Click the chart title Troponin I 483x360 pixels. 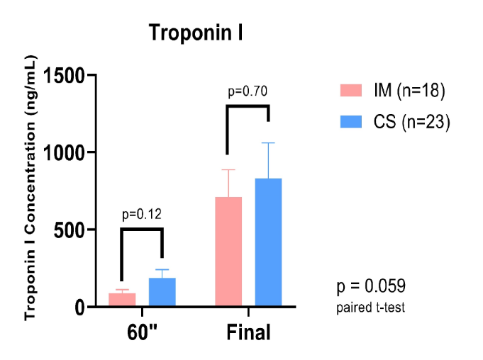[196, 33]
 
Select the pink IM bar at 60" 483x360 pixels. [122, 300]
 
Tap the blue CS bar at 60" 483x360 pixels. [162, 292]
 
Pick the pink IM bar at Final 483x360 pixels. [228, 252]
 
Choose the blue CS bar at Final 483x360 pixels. [268, 242]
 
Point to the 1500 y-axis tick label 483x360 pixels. [72, 75]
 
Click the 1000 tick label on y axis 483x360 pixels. [72, 152]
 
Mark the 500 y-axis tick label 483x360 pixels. [78, 230]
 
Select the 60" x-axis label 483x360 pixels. [142, 332]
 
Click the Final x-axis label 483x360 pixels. [248, 332]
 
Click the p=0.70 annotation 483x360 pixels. [247, 91]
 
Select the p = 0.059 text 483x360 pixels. [370, 287]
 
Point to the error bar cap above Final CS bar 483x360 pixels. [268, 143]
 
